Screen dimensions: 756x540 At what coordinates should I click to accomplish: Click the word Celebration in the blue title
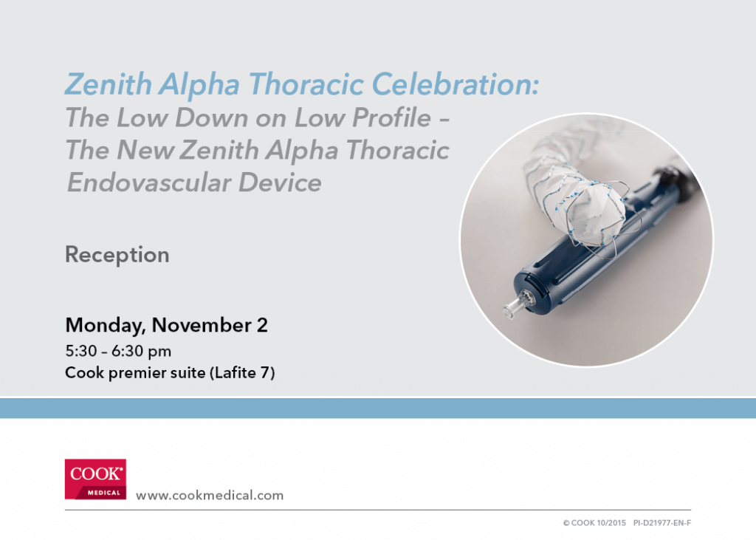coord(455,84)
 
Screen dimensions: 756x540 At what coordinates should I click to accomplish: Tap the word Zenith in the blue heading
coord(109,84)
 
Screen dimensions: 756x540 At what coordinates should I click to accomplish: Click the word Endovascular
coord(148,182)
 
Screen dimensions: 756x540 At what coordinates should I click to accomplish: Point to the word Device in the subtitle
coord(280,182)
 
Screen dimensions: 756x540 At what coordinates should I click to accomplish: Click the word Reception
coord(117,255)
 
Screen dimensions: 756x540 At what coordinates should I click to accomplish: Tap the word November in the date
coord(202,325)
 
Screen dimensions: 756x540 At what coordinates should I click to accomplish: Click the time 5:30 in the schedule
coord(81,351)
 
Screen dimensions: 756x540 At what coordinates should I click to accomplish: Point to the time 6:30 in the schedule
coord(127,351)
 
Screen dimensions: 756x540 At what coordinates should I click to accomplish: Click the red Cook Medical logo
coord(95,479)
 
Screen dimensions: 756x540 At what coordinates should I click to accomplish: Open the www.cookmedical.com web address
coord(210,496)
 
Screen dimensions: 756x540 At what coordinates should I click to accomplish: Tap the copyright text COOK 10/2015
coord(594,522)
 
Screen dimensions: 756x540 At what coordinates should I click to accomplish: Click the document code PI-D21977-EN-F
coord(662,522)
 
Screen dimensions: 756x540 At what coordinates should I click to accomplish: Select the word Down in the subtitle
coord(212,117)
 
